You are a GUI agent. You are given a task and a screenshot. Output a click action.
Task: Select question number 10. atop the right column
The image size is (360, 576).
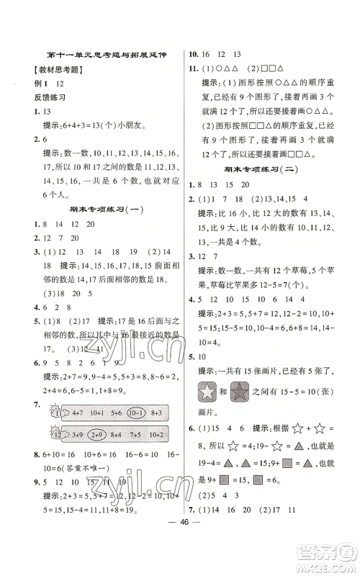193,53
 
